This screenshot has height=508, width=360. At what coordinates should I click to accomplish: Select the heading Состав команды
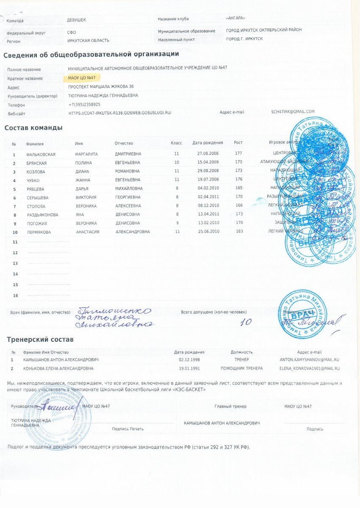click(x=33, y=128)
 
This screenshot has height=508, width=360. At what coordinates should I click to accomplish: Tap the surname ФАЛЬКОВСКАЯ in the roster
click(x=41, y=155)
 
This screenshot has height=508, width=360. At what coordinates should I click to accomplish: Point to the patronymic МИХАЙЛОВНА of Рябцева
click(x=129, y=188)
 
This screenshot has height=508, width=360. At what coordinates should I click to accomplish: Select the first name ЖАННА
click(x=83, y=180)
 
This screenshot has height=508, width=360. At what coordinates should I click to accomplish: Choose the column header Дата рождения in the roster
click(x=208, y=143)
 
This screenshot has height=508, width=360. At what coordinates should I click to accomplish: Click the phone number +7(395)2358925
click(x=84, y=104)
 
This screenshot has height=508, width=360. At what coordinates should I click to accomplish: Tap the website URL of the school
click(x=120, y=113)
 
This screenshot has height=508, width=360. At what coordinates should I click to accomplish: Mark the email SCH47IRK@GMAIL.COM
click(x=293, y=112)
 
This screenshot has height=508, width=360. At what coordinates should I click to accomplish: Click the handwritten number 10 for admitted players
click(x=246, y=322)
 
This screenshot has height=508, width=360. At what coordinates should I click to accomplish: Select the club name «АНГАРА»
click(x=236, y=18)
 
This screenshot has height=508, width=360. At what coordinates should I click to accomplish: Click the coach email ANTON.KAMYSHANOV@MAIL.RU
click(x=309, y=359)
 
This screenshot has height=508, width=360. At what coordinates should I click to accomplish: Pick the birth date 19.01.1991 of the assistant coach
click(x=189, y=368)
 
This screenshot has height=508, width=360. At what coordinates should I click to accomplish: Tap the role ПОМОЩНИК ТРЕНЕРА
click(x=242, y=368)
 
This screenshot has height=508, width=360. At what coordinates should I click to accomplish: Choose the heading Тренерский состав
click(x=40, y=340)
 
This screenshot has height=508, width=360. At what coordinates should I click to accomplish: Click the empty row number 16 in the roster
click(x=16, y=295)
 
